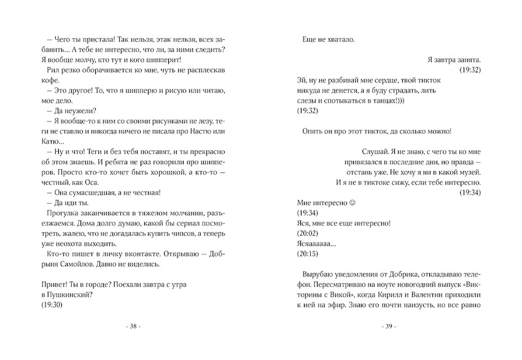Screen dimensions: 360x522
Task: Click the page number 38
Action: (133, 326)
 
